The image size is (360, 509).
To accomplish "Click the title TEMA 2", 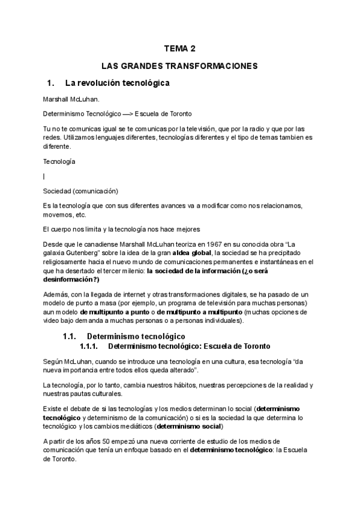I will (179, 49).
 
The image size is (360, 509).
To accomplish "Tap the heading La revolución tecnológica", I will (117, 82).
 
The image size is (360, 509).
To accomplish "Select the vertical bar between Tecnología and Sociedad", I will (44, 176).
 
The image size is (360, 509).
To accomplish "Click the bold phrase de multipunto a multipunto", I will (199, 312).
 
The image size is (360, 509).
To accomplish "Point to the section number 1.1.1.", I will (89, 346).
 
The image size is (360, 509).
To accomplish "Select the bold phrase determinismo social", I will (188, 426).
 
